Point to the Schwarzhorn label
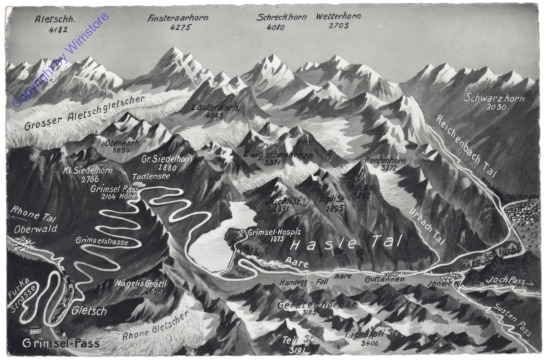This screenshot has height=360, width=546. (x=494, y=100)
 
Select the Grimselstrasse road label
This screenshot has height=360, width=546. (x=101, y=241)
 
